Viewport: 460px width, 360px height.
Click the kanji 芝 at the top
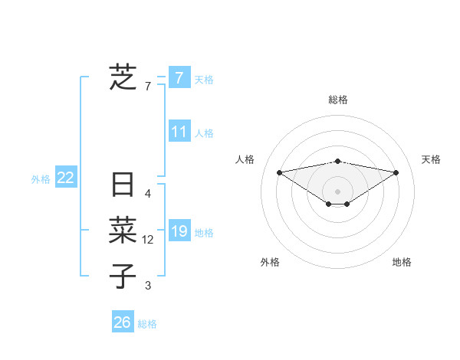pos(123,77)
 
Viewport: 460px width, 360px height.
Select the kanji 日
pos(123,185)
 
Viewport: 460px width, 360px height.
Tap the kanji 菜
pos(123,230)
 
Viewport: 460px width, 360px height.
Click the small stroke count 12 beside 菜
pos(148,240)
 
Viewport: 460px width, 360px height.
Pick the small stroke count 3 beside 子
pos(148,286)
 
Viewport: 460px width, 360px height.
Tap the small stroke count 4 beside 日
pos(148,194)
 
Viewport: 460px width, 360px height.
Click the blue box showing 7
pos(179,77)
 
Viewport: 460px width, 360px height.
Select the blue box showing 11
pos(179,132)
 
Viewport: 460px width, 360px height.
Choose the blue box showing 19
pos(179,231)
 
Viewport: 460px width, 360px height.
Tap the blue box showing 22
pos(66,178)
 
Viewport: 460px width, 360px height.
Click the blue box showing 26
pos(122,322)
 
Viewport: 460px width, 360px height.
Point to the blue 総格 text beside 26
pos(147,324)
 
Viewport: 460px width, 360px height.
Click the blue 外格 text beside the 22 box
pos(41,179)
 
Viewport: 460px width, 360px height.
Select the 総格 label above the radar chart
pos(338,100)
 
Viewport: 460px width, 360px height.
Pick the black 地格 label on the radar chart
pos(402,262)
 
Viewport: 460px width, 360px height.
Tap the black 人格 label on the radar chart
pos(245,159)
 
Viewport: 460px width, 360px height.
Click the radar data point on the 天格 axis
pos(396,172)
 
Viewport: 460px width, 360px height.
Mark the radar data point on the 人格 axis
pos(279,172)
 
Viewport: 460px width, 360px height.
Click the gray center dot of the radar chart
pos(337,191)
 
